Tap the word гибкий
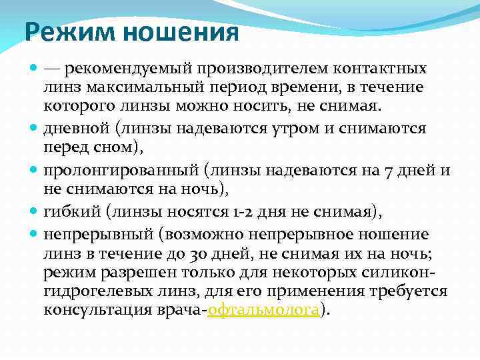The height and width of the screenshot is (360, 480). point(69,212)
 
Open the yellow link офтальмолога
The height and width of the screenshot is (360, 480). point(264,310)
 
